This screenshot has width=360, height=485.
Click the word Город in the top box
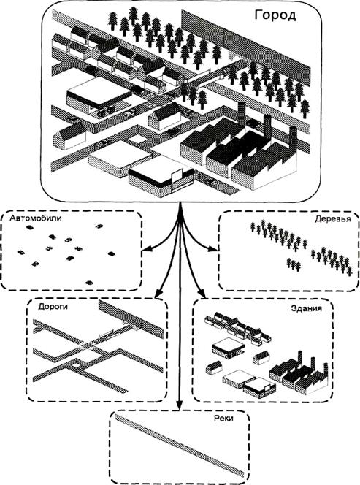tap(275, 15)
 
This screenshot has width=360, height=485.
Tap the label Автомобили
tap(36, 218)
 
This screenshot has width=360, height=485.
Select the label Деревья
tap(333, 219)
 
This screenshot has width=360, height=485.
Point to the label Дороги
tap(53, 307)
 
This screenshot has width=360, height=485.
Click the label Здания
tap(306, 308)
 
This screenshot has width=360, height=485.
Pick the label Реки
tap(223, 419)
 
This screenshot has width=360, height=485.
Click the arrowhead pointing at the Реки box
tap(179, 406)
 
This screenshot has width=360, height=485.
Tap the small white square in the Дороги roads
tap(76, 366)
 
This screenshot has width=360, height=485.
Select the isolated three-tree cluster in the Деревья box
tap(294, 264)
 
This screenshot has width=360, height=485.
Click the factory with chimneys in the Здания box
tap(299, 375)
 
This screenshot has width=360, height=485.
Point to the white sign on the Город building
tap(176, 176)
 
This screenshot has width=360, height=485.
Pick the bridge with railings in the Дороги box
tap(109, 333)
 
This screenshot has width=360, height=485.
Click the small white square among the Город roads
tap(136, 140)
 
